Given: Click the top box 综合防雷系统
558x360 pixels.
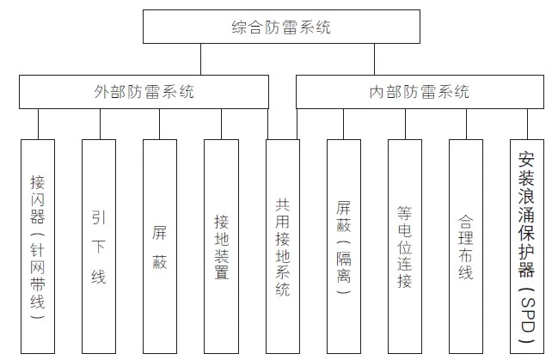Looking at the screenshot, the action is (x=281, y=27).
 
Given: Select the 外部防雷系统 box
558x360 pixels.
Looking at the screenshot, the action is (x=144, y=92).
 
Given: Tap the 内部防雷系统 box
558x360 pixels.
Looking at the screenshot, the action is (x=420, y=92).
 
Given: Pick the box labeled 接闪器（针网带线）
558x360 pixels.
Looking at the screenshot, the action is (x=38, y=247).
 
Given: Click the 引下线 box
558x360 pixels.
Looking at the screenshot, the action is (x=99, y=247).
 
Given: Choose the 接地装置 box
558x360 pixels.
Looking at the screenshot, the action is (x=221, y=247).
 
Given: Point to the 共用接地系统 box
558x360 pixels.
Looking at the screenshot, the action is (x=283, y=247).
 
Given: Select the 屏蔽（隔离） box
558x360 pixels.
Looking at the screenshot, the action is (x=344, y=247).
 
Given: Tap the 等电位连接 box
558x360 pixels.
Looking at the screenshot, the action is (x=405, y=247).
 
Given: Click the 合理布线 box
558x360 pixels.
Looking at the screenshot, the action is (x=466, y=247).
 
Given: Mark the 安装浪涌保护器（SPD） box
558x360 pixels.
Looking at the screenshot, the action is (x=527, y=247).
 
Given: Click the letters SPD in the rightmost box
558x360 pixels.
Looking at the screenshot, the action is (x=527, y=315).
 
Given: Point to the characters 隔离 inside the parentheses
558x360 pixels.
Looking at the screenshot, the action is (x=344, y=267).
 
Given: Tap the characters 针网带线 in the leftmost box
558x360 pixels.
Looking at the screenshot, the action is (x=37, y=276).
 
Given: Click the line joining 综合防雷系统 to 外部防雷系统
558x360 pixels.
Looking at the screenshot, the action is (x=200, y=59).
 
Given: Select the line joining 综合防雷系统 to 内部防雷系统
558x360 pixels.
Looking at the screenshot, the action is (x=374, y=59).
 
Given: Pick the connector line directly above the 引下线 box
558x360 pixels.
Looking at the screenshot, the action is (x=100, y=124).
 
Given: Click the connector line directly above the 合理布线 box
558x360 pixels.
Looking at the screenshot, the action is (x=467, y=124).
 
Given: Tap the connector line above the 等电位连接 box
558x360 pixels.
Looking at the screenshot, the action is (x=405, y=124).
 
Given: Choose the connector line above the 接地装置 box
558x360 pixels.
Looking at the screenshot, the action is (x=221, y=124).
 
